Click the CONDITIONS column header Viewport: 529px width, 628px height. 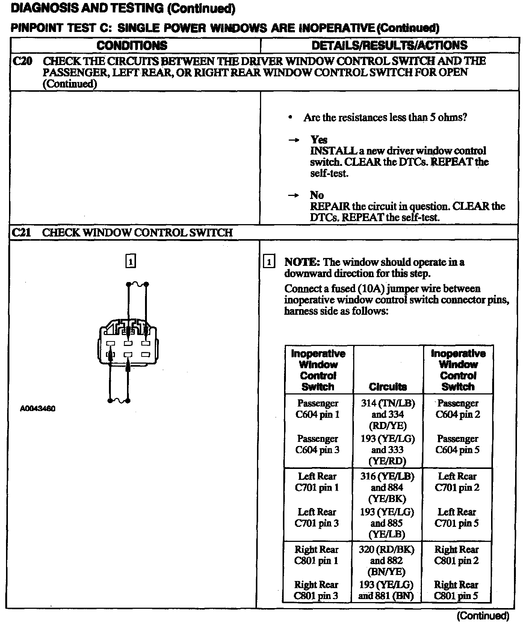pos(132,46)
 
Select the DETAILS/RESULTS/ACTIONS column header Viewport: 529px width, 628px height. pos(390,46)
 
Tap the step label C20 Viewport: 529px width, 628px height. pos(22,61)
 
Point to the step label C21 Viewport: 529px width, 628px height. pos(21,232)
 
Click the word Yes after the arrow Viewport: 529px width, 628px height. pos(319,140)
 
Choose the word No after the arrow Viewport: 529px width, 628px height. pos(317,195)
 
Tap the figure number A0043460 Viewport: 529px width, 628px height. pos(38,408)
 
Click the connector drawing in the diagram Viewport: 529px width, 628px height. pos(128,344)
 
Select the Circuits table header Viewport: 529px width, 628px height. pos(388,387)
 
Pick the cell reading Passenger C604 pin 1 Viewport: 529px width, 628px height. pos(317,409)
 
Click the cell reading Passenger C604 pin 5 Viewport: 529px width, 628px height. pos(458,444)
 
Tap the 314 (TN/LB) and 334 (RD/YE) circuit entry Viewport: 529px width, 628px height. pos(388,414)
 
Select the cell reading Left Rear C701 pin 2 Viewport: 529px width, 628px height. pos(457,482)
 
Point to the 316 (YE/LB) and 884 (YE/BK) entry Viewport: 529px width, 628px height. pos(387,487)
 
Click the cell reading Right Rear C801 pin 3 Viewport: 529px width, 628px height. pos(316,590)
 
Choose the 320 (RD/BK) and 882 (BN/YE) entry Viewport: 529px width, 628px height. pos(387,560)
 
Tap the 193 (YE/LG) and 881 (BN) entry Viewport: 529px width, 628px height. pos(386,590)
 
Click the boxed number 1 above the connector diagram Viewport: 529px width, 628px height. pos(130,261)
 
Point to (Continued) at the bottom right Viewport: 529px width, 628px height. pos(483,616)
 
